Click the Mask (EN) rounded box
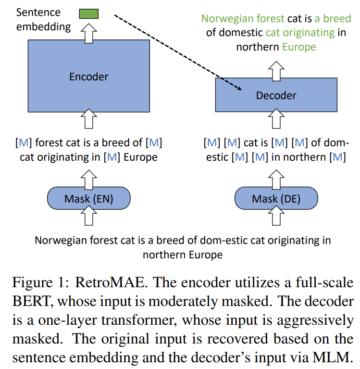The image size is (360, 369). click(x=88, y=199)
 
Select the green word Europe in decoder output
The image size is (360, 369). click(x=299, y=47)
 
